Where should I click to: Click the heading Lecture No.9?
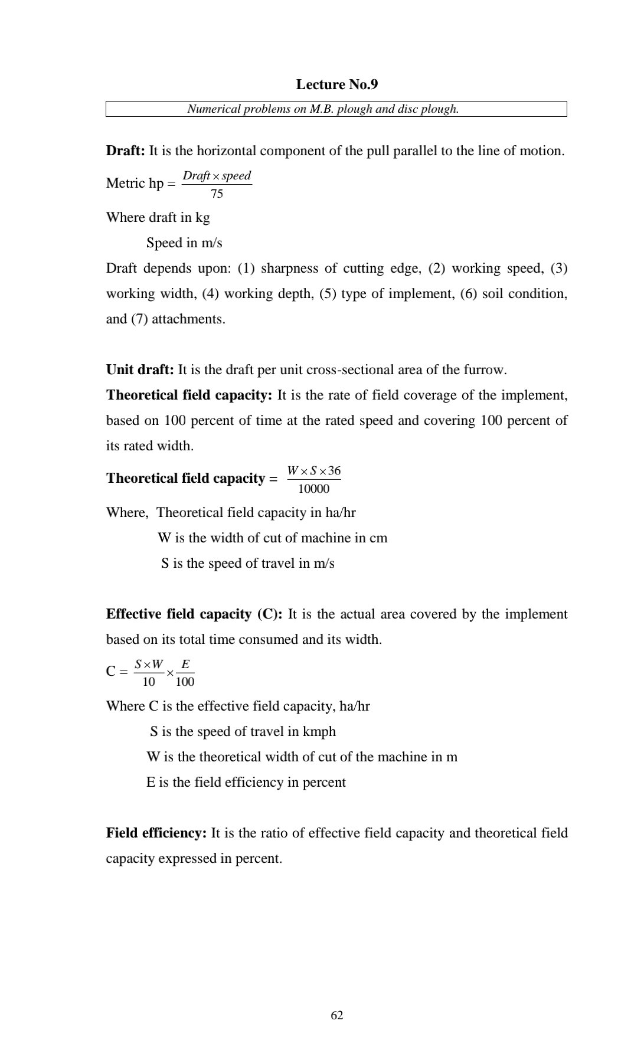tap(336, 84)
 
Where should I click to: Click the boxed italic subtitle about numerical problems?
tap(323, 109)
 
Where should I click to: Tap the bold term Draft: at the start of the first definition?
tap(125, 151)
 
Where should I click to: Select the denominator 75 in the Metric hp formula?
tap(217, 194)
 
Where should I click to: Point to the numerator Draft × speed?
tap(217, 176)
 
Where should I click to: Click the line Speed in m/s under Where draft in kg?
tap(184, 243)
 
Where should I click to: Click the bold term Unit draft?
tap(140, 370)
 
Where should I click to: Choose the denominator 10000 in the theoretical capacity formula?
tap(313, 489)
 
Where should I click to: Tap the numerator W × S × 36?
tap(313, 471)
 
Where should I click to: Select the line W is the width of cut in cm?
tap(272, 538)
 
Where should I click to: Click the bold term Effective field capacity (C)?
tap(194, 614)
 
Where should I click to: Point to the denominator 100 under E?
tap(185, 682)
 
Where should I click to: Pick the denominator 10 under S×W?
tap(149, 682)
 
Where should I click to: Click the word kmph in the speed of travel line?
tap(319, 732)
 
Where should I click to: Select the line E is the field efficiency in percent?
tap(246, 783)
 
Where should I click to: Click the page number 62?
tap(337, 1015)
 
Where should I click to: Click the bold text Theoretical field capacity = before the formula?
tap(191, 479)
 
